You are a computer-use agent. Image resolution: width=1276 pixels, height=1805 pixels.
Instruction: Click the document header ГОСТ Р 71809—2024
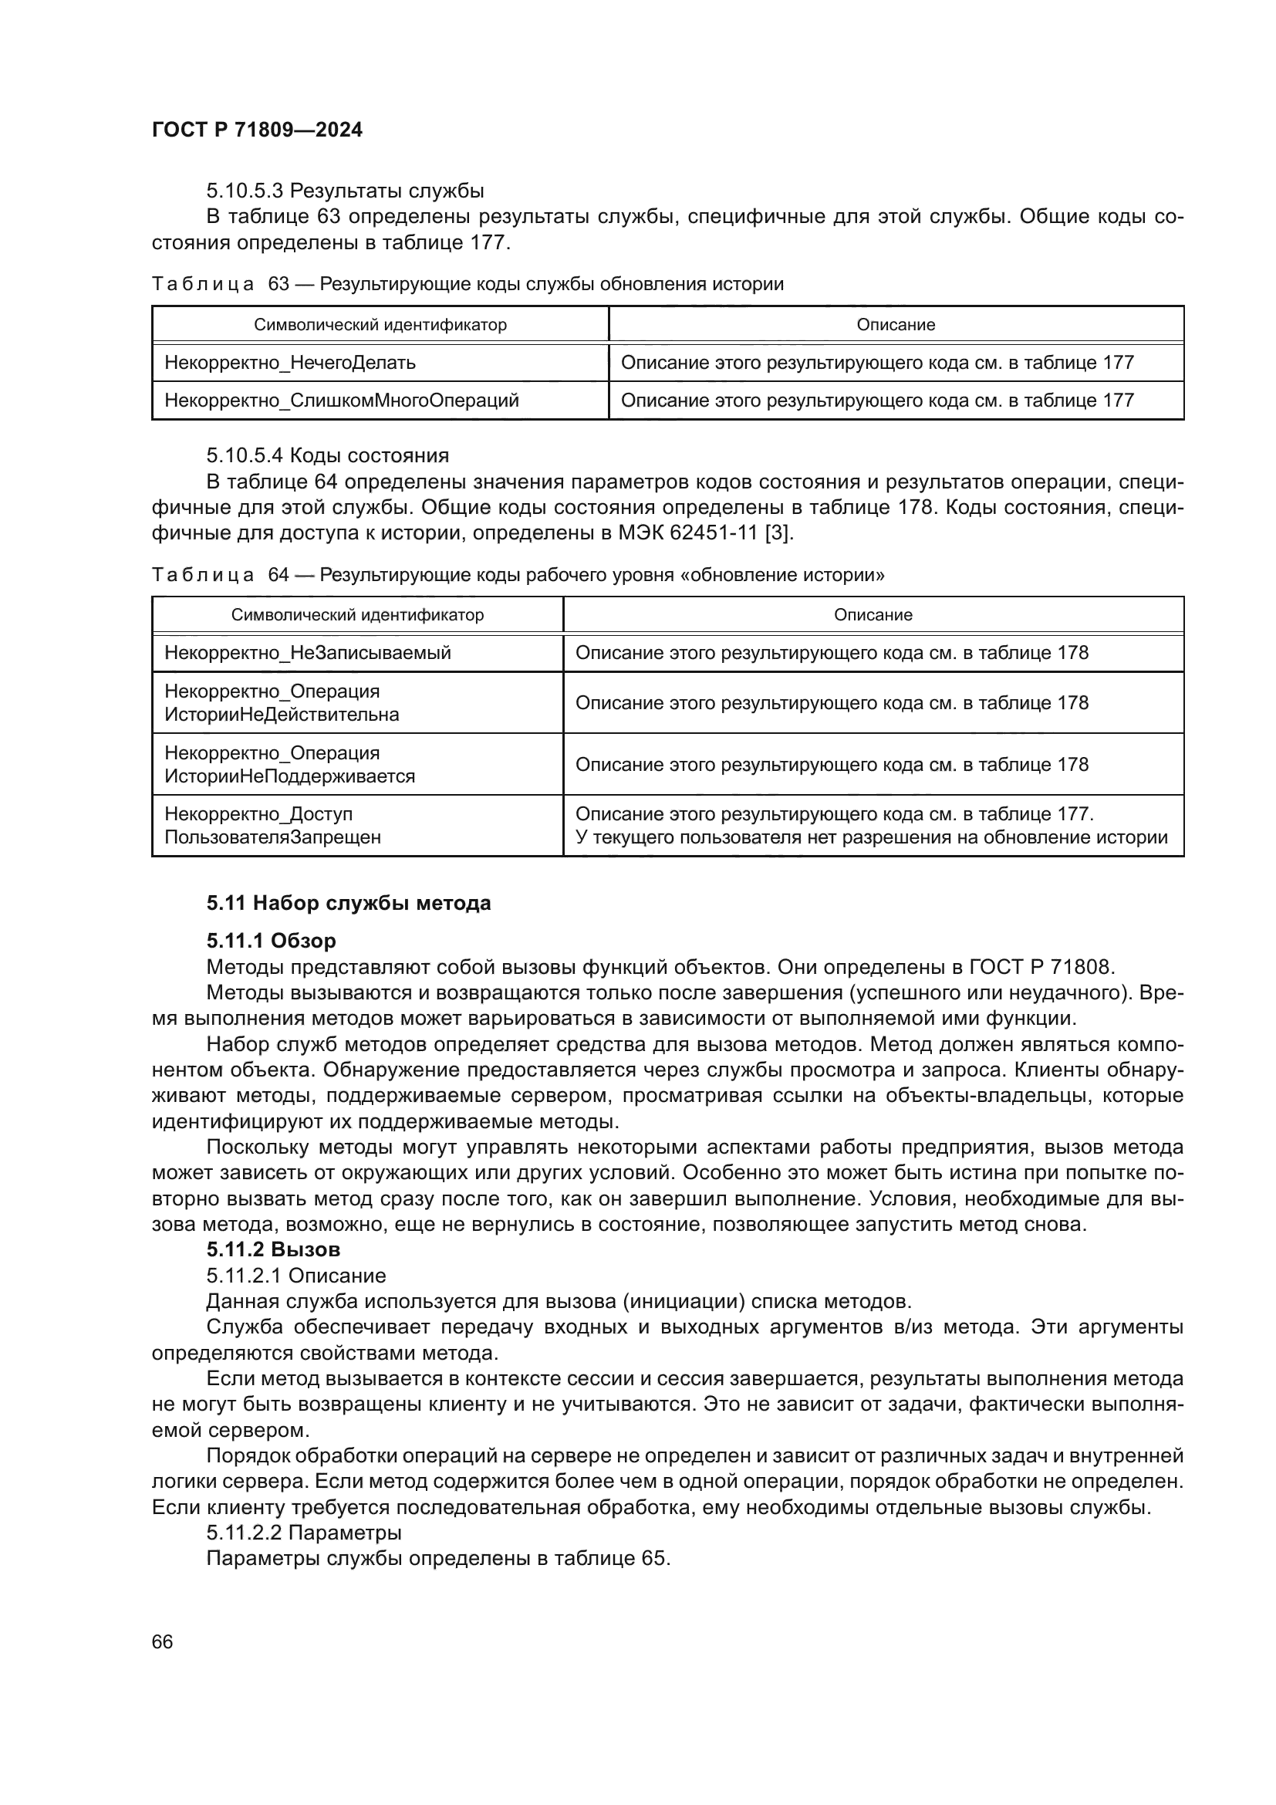coord(257,130)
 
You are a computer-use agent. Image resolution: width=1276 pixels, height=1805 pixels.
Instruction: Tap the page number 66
coord(163,1641)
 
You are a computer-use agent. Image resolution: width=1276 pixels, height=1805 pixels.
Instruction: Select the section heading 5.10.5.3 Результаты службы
coord(345,191)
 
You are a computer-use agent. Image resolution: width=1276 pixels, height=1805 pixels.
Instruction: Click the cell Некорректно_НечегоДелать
coord(290,363)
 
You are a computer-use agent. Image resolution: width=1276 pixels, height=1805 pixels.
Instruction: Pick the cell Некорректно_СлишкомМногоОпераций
coord(342,401)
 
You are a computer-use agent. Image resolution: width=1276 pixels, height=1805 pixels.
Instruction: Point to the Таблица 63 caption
coord(468,284)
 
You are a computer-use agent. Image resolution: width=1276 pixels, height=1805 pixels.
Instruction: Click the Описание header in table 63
coord(896,325)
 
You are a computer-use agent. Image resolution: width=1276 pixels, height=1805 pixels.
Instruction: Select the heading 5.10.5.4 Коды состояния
coord(328,455)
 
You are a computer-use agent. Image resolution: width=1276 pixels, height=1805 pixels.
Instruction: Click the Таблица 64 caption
coord(518,575)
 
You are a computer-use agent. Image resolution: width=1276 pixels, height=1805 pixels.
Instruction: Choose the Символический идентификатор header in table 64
coord(357,615)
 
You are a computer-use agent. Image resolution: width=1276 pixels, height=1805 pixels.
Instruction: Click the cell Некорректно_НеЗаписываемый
coord(308,653)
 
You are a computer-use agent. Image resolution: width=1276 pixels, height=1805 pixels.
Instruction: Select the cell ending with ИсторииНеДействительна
coord(282,703)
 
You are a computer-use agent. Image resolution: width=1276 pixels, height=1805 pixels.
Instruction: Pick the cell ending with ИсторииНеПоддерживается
coord(289,764)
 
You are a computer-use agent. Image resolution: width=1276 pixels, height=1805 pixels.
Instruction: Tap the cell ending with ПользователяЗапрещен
coord(272,826)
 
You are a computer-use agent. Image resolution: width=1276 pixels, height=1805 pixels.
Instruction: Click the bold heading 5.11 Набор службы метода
coord(348,903)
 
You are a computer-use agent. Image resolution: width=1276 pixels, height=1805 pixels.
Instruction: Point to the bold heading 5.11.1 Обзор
coord(271,940)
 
